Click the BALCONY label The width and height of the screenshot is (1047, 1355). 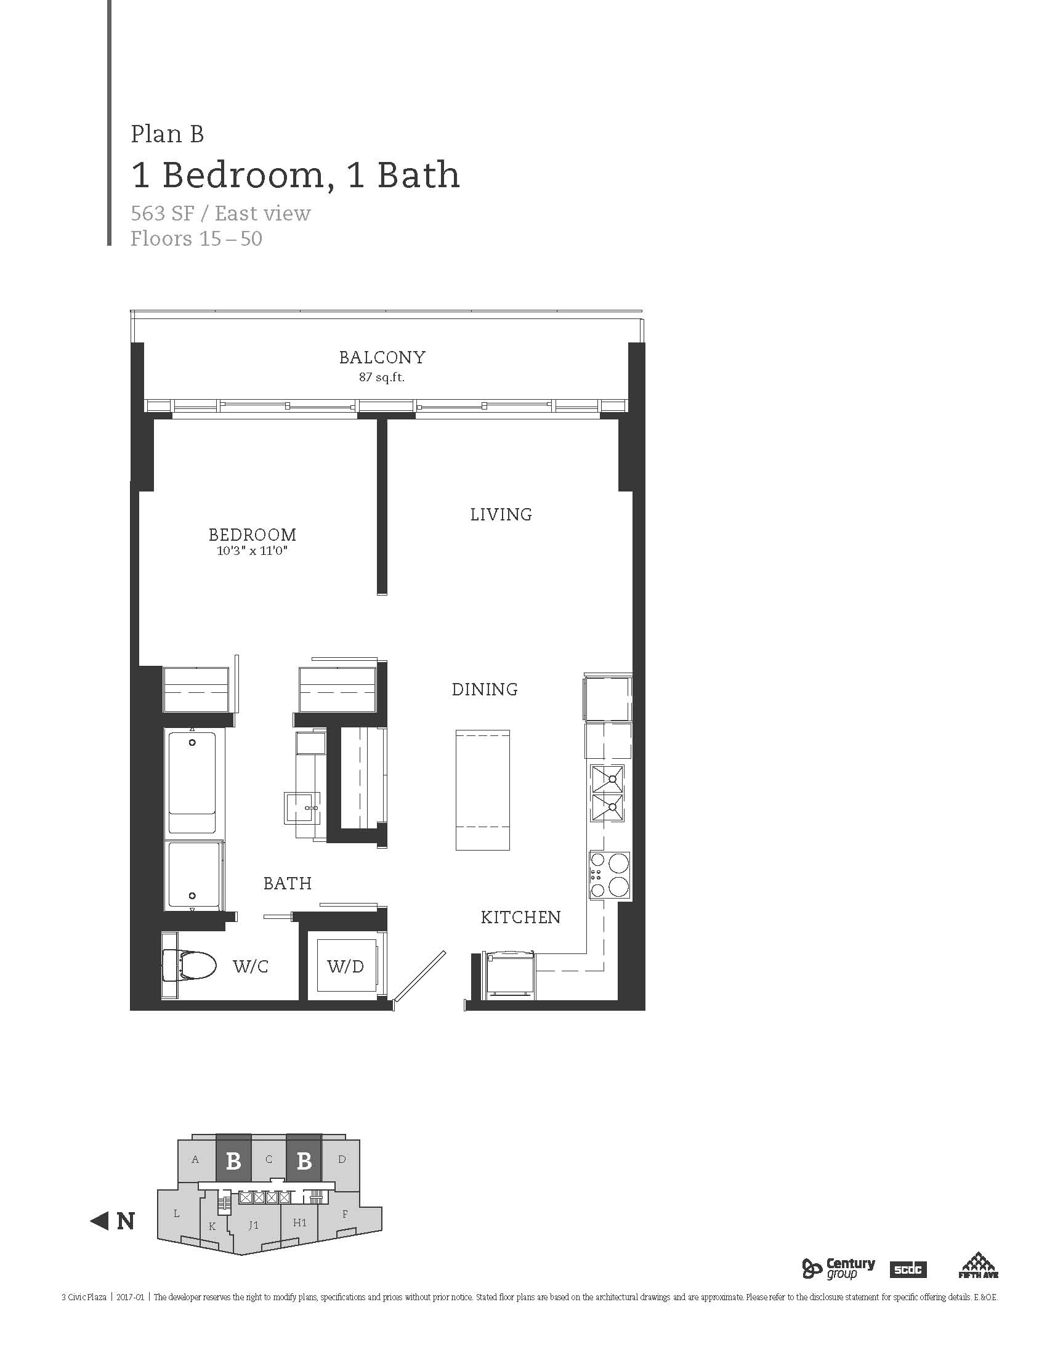tap(382, 357)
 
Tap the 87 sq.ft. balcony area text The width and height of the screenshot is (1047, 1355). tap(381, 376)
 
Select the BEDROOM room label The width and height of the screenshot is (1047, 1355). tap(253, 534)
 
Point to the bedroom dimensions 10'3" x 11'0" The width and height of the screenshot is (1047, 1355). tap(253, 550)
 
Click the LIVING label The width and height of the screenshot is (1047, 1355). tap(501, 514)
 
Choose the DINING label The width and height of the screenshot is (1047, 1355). tap(485, 689)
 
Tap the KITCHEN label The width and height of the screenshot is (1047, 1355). tap(520, 917)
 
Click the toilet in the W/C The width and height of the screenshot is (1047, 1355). tap(189, 966)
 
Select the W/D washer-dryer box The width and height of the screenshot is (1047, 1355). tap(346, 965)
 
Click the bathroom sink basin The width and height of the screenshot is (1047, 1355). tap(302, 808)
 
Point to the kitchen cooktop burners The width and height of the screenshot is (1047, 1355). tap(609, 875)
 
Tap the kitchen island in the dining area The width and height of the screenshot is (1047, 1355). tap(483, 790)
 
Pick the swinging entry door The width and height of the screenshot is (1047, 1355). tap(420, 976)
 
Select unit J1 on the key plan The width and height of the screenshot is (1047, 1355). tap(253, 1224)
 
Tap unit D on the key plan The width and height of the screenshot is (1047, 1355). tap(342, 1159)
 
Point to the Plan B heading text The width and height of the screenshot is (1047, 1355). tap(168, 134)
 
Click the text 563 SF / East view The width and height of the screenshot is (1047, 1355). tap(220, 214)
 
